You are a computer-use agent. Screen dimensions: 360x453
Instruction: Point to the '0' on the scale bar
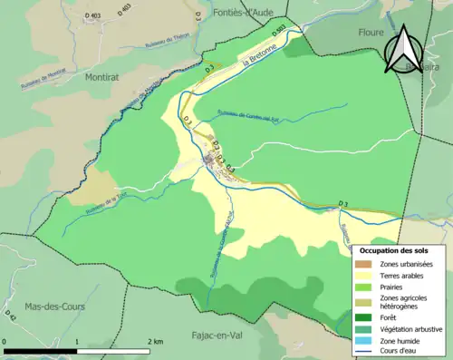pos(5,342)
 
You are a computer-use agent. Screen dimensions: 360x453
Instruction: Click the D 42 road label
pos(12,316)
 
